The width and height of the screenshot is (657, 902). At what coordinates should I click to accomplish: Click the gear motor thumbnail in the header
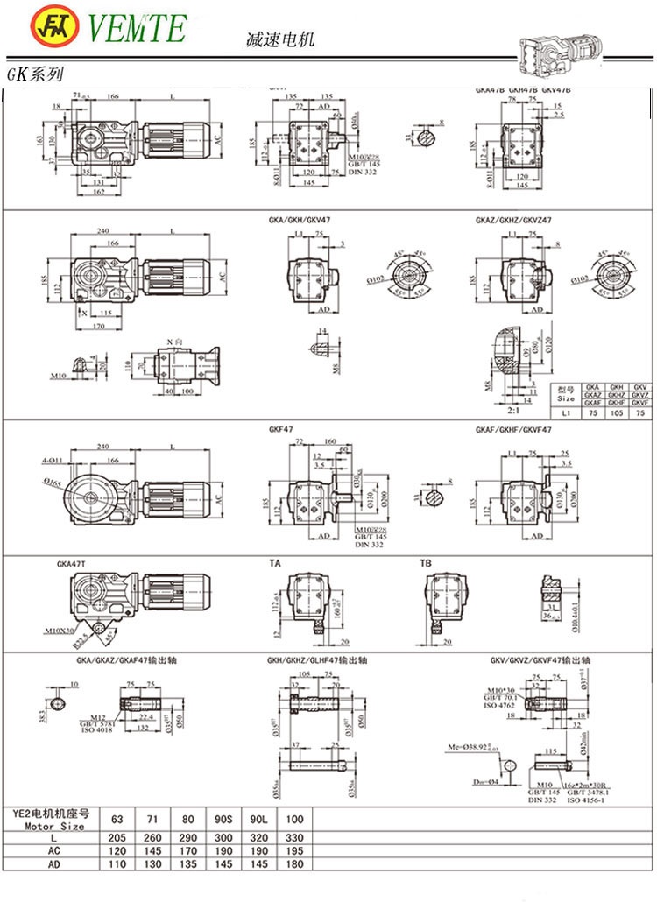(x=560, y=44)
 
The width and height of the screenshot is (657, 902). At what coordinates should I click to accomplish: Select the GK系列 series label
(x=34, y=76)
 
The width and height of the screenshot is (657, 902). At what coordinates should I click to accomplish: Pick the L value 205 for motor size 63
(x=117, y=838)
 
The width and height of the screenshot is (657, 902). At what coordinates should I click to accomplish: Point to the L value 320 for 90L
(x=258, y=838)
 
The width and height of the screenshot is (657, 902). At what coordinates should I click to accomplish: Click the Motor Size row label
(x=54, y=826)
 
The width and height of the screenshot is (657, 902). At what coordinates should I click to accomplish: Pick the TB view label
(x=426, y=565)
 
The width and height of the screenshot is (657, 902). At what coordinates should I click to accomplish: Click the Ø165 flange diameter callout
(x=50, y=480)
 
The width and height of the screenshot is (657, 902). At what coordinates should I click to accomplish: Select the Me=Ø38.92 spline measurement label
(x=471, y=747)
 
